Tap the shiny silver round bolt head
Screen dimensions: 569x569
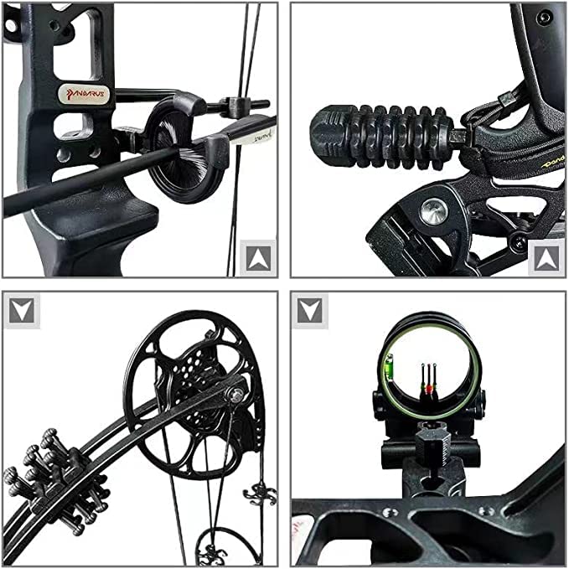pyautogui.click(x=433, y=212)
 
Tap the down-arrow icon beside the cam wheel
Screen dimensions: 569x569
pyautogui.click(x=22, y=311)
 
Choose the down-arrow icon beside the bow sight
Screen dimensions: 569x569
pyautogui.click(x=311, y=311)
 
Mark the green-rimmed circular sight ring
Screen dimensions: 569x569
pyautogui.click(x=427, y=365)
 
